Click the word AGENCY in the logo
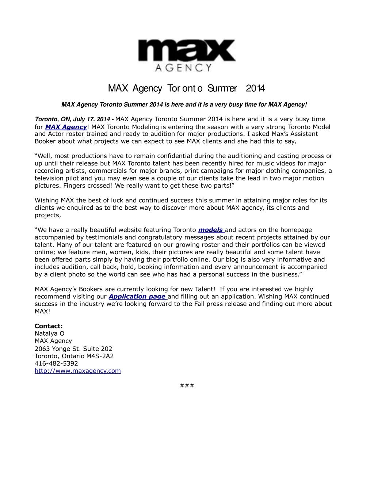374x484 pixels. (x=184, y=67)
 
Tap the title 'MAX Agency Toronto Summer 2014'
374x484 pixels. (x=187, y=88)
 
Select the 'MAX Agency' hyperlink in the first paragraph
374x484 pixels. (x=66, y=127)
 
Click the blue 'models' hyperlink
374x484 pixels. (x=211, y=230)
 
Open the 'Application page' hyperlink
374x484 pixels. (x=137, y=296)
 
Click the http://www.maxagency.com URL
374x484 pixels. (x=77, y=371)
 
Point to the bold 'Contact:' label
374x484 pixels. (x=49, y=326)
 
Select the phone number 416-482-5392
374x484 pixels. (x=56, y=363)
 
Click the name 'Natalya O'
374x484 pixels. (x=49, y=333)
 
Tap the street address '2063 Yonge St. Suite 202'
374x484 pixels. (x=73, y=348)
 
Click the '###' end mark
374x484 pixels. (x=187, y=385)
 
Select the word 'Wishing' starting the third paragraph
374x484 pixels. (x=46, y=200)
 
